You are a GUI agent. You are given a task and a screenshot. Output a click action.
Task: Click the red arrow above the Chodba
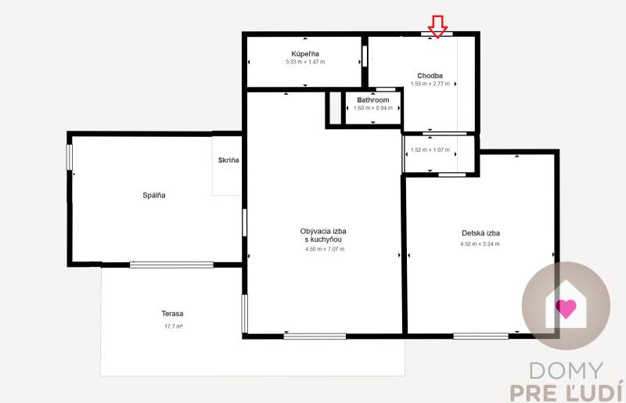tap(437, 27)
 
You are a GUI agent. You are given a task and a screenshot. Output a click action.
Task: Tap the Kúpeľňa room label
tap(304, 52)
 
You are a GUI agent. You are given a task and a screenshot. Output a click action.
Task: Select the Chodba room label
tap(430, 75)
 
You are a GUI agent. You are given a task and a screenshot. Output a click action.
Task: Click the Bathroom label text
tap(372, 100)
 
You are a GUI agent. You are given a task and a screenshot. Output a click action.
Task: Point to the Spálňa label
tap(154, 195)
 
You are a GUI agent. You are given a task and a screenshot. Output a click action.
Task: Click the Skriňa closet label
tap(228, 160)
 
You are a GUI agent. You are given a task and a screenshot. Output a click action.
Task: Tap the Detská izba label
tap(480, 233)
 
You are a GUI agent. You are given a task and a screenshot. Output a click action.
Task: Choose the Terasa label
tap(173, 314)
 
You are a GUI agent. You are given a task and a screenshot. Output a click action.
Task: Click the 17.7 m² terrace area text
tap(173, 326)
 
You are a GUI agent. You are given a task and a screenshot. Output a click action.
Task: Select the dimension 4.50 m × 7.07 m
tap(323, 249)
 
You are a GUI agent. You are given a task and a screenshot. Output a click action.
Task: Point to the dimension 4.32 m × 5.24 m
tap(480, 244)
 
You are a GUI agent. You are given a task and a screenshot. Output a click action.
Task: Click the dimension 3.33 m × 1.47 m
tap(304, 62)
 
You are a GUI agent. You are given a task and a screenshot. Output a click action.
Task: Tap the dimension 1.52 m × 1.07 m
tap(430, 149)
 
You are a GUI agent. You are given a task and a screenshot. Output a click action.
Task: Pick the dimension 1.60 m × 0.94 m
tap(372, 108)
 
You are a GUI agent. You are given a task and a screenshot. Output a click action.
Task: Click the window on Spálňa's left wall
tap(70, 157)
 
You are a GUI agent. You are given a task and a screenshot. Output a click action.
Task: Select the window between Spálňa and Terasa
tap(171, 264)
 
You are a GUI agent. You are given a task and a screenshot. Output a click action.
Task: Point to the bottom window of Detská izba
tap(480, 336)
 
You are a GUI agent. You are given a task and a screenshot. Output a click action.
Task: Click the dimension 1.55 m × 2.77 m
tap(430, 84)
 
